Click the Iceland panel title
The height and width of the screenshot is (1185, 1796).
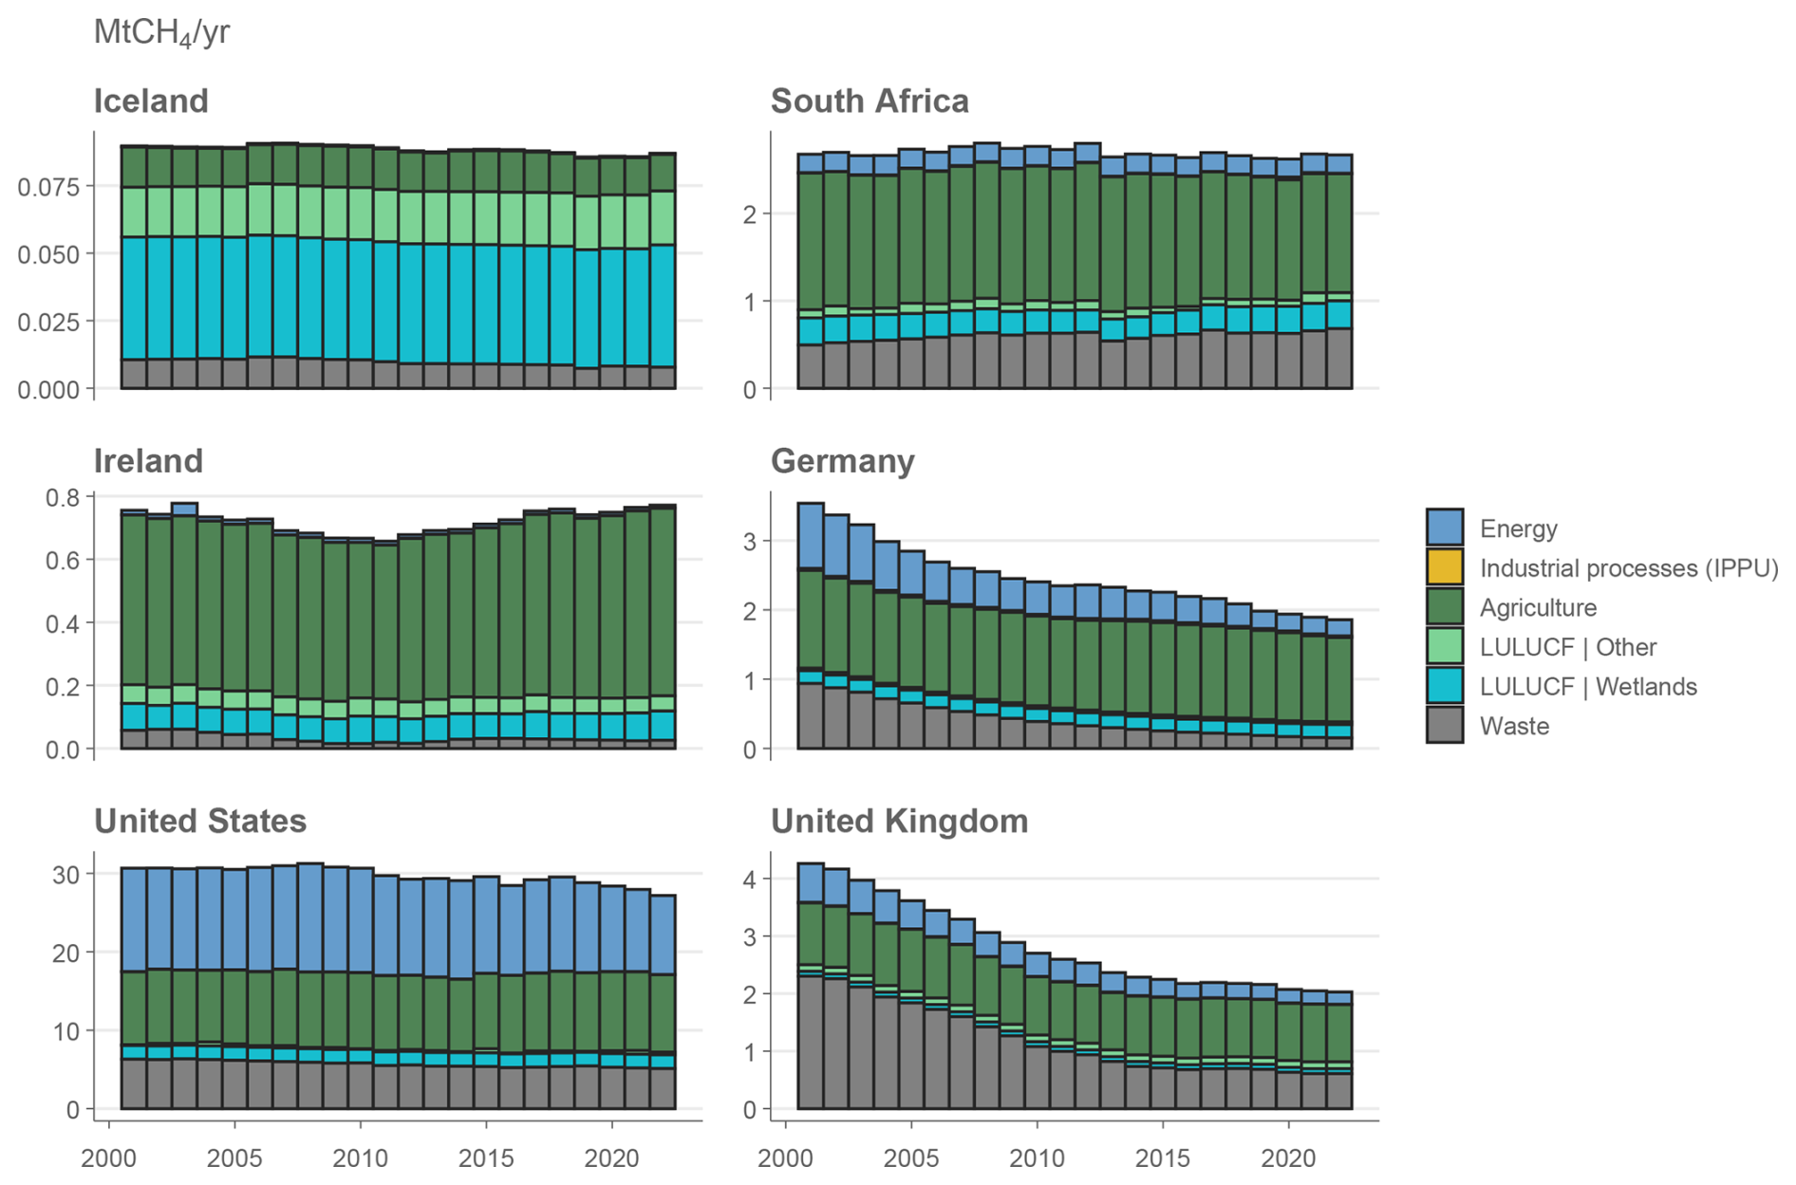(x=151, y=101)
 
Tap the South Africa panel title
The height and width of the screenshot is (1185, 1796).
(x=870, y=101)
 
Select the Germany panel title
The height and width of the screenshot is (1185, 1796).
(x=842, y=461)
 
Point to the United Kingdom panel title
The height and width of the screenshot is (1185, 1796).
(x=899, y=821)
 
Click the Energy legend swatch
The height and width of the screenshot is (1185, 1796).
(x=1444, y=528)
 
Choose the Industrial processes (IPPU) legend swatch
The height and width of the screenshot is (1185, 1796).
(x=1444, y=567)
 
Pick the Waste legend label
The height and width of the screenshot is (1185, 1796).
(x=1514, y=727)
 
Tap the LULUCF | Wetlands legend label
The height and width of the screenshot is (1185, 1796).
(x=1587, y=687)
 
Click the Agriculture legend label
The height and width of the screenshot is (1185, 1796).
(x=1538, y=608)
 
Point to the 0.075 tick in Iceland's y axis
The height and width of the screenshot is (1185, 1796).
(x=48, y=186)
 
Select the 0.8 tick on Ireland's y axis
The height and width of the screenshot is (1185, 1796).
(x=63, y=497)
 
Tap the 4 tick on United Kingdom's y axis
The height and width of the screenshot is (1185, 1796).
(x=750, y=879)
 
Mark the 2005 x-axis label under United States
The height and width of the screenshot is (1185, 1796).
(x=234, y=1158)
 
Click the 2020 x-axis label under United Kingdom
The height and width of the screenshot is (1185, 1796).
(x=1287, y=1158)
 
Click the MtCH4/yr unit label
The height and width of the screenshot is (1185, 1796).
(x=161, y=33)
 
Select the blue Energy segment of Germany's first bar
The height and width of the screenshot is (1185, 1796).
(x=810, y=535)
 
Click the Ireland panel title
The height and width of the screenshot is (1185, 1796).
(x=148, y=461)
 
